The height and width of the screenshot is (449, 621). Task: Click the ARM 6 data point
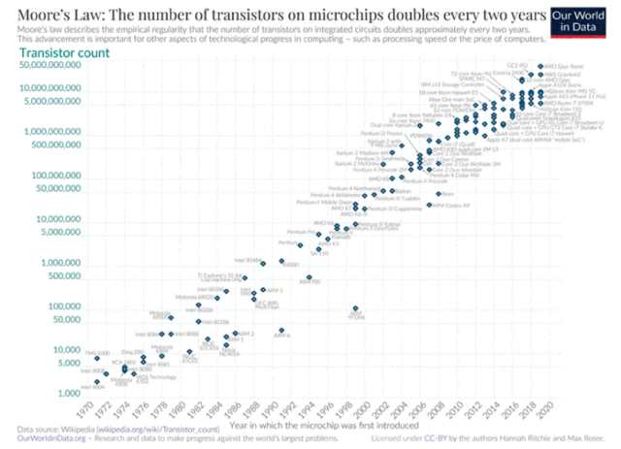[x=279, y=331]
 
